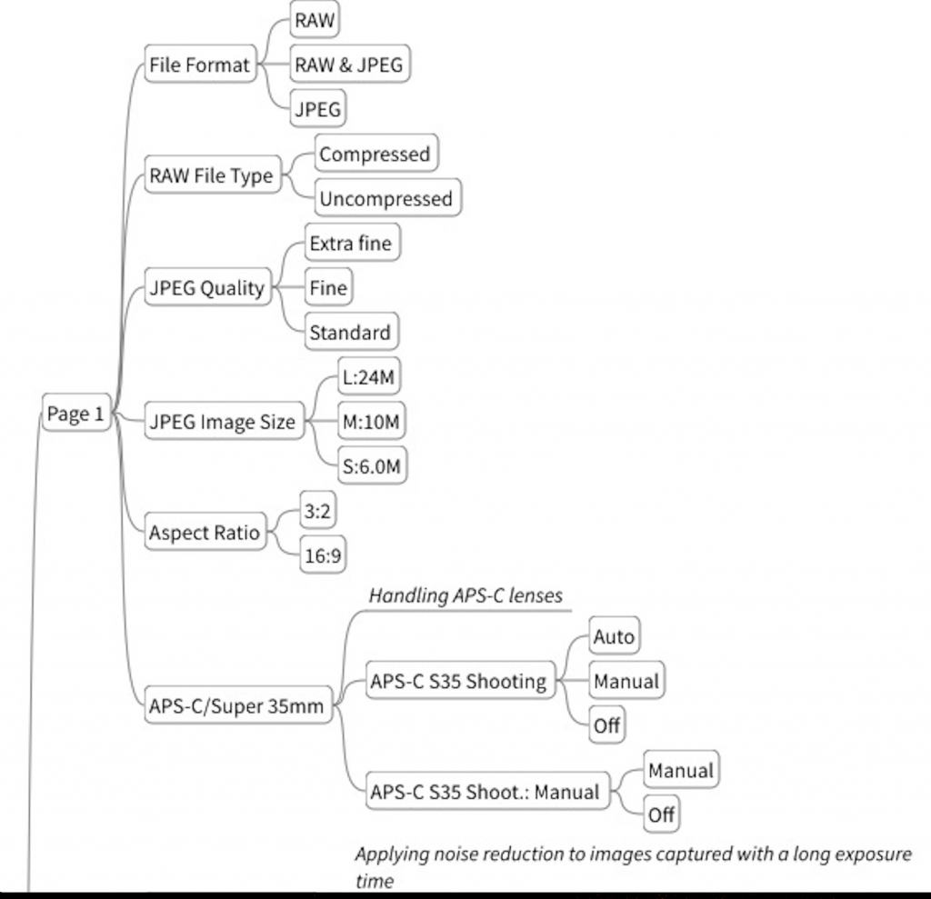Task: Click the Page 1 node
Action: click(76, 413)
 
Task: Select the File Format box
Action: click(200, 65)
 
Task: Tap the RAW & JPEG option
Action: click(350, 65)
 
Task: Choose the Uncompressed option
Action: click(387, 198)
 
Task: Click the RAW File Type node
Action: click(212, 175)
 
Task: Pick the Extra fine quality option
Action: click(352, 243)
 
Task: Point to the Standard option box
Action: click(351, 332)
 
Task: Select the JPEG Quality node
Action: click(208, 287)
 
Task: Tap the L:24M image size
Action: click(369, 375)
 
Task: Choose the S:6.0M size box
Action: click(372, 465)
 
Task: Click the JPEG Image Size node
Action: click(224, 420)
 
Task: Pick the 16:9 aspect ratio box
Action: click(323, 554)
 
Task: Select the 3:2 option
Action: click(317, 510)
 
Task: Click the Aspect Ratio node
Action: click(205, 532)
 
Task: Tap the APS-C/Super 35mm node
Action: click(238, 704)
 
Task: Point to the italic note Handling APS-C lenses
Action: click(465, 595)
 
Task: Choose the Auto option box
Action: click(615, 636)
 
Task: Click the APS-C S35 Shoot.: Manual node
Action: click(487, 791)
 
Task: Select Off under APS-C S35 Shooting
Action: click(606, 724)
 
